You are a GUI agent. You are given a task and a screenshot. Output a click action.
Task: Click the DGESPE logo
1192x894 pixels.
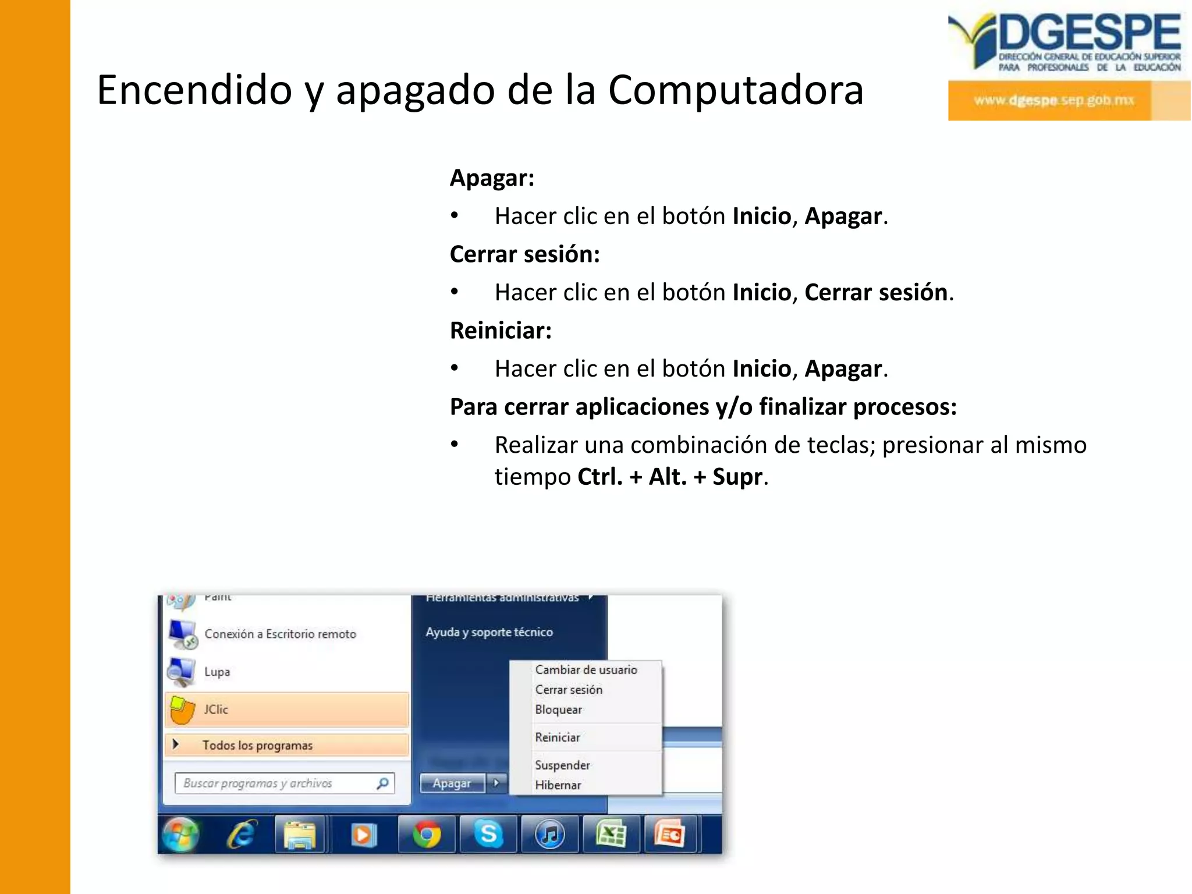point(1068,65)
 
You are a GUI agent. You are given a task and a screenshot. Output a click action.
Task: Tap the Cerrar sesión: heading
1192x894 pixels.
point(524,254)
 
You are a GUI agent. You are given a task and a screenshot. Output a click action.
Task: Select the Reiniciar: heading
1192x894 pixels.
point(501,331)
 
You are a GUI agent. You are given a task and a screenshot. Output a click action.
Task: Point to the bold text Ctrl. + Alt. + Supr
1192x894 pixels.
point(669,477)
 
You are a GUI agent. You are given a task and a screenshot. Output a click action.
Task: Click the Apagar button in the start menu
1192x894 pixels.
point(452,783)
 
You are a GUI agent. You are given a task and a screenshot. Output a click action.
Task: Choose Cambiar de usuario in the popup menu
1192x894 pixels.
point(586,670)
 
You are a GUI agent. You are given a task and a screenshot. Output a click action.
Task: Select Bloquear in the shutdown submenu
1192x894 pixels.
point(558,709)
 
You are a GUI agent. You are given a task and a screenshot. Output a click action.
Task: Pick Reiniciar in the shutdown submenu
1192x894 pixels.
point(558,737)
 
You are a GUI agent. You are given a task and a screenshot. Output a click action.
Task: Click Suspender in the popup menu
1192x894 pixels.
point(562,765)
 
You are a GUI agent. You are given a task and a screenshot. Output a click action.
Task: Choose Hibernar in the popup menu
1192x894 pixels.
point(558,785)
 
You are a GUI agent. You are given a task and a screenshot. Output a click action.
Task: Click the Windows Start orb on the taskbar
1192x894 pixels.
point(180,834)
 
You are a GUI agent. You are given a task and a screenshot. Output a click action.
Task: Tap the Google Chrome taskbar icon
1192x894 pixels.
point(427,835)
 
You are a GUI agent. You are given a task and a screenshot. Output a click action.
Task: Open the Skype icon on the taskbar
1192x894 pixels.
point(488,835)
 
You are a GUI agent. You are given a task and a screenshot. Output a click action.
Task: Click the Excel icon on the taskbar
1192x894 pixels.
point(611,835)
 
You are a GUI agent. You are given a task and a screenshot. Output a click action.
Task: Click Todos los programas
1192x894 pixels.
point(257,746)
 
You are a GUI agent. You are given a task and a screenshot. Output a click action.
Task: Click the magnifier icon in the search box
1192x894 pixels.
point(382,783)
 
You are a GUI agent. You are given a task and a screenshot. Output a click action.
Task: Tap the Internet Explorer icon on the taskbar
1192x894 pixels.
point(242,835)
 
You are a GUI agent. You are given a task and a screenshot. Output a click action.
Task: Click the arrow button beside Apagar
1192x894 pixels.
point(496,783)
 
